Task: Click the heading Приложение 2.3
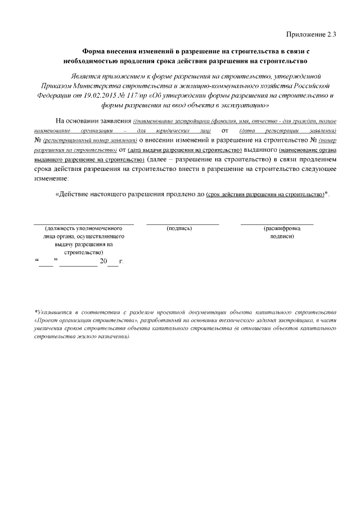312,34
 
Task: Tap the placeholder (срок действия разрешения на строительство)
265,194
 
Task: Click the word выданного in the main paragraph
260,150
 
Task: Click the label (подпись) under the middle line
179,229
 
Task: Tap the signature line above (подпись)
182,224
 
